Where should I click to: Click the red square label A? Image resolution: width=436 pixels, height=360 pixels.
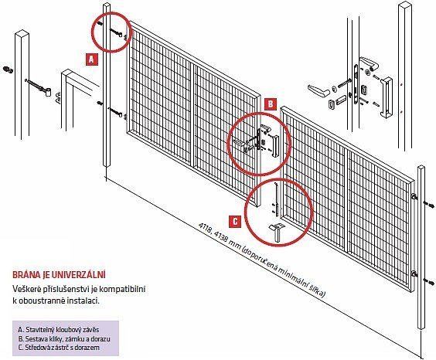[92, 59]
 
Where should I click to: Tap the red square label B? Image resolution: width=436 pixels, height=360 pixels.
[271, 104]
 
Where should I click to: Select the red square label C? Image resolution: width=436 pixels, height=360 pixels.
[235, 222]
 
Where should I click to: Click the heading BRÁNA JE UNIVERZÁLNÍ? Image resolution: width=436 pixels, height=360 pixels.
[60, 275]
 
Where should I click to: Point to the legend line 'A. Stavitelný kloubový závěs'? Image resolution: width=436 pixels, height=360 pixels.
[58, 330]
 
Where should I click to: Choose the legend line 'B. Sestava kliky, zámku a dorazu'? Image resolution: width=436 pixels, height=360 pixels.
[63, 339]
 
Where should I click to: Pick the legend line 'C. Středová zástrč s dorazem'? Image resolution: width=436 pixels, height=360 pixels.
[59, 348]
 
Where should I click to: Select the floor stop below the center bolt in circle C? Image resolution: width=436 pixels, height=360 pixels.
[276, 233]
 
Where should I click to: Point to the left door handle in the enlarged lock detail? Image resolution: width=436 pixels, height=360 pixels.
[318, 90]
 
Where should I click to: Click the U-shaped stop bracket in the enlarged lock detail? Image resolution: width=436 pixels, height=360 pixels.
[387, 97]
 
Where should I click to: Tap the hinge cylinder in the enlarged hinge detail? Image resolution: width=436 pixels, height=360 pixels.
[49, 92]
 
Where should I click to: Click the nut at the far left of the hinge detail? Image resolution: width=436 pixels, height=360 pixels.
[8, 69]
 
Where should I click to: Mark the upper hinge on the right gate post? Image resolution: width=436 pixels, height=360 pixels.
[414, 197]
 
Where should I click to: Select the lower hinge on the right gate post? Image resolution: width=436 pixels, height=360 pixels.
[414, 274]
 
